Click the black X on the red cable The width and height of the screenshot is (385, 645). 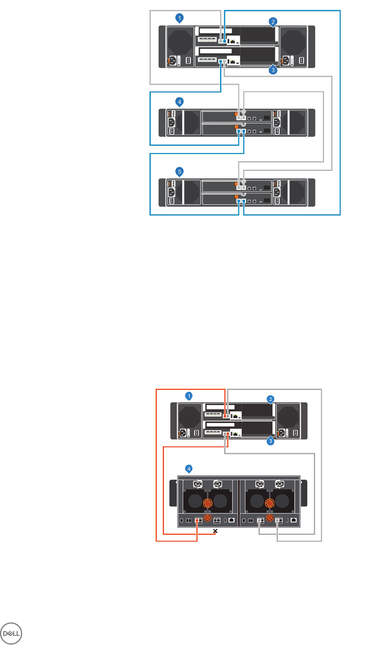click(215, 532)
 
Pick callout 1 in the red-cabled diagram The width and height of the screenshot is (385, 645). click(189, 395)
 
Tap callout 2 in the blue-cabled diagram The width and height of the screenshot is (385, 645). click(274, 22)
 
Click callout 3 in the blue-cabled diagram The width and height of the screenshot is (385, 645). click(273, 70)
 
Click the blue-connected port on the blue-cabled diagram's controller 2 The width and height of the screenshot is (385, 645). click(221, 61)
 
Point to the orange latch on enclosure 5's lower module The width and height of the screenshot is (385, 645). click(236, 197)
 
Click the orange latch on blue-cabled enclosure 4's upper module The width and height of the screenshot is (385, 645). click(236, 114)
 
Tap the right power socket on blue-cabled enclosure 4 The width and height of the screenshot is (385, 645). click(277, 122)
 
